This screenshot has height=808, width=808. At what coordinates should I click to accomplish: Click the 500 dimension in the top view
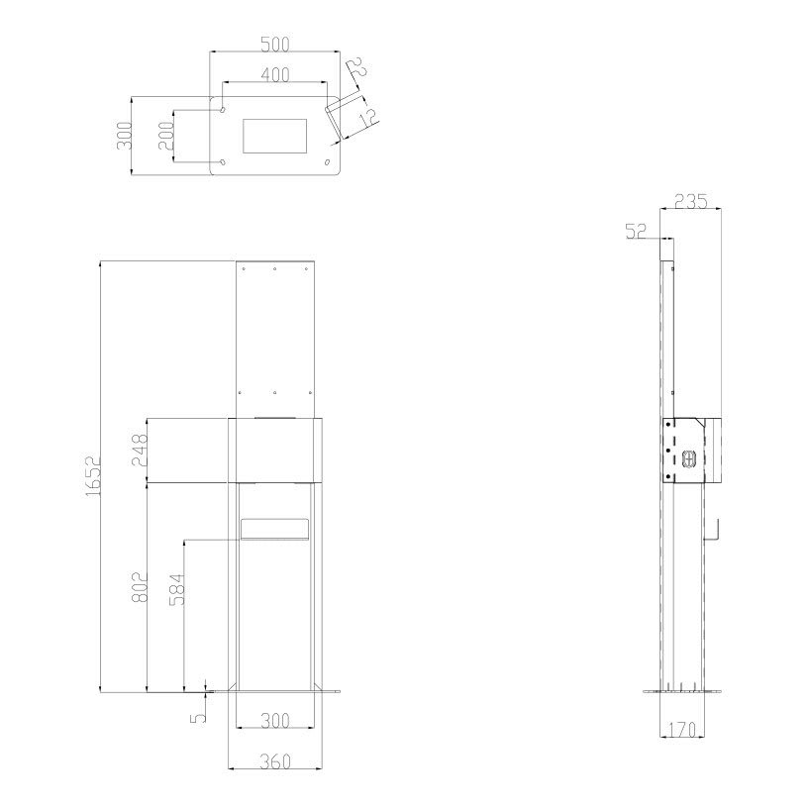click(x=274, y=45)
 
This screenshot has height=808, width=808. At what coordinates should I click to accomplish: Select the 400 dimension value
click(x=274, y=74)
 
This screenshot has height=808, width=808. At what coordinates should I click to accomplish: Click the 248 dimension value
click(x=140, y=451)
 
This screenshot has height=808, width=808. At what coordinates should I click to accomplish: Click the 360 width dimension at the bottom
click(x=274, y=761)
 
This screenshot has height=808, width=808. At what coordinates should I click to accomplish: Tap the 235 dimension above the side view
click(x=690, y=201)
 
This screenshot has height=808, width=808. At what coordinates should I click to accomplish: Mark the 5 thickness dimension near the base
click(x=198, y=710)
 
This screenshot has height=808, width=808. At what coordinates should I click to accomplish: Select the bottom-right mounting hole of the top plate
click(x=328, y=161)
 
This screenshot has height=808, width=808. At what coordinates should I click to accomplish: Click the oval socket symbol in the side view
click(x=690, y=456)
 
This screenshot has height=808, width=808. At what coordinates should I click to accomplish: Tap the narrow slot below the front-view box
click(x=274, y=529)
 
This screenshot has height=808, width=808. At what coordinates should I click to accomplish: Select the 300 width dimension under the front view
click(x=274, y=722)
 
